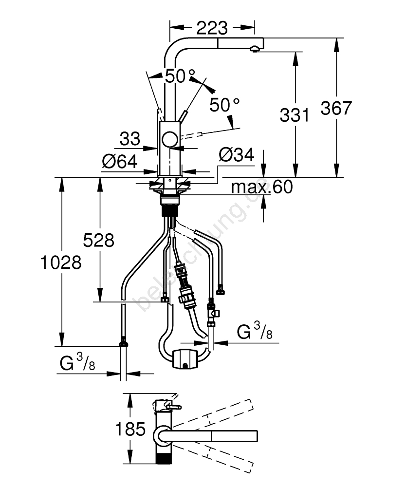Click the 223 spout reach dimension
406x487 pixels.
pos(212,29)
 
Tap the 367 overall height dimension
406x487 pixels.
pos(335,108)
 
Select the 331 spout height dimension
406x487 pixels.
pos(295,115)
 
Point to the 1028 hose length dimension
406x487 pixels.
pos(61,262)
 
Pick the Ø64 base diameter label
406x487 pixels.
pos(119,161)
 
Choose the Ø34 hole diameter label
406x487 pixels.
pos(237,155)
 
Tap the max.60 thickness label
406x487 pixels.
pos(262,186)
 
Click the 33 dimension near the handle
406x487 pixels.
pos(129,140)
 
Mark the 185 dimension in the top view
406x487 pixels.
pos(131,429)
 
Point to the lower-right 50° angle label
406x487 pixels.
pos(225,104)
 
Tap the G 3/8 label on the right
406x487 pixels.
pos(254,332)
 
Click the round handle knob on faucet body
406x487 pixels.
pos(170,139)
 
